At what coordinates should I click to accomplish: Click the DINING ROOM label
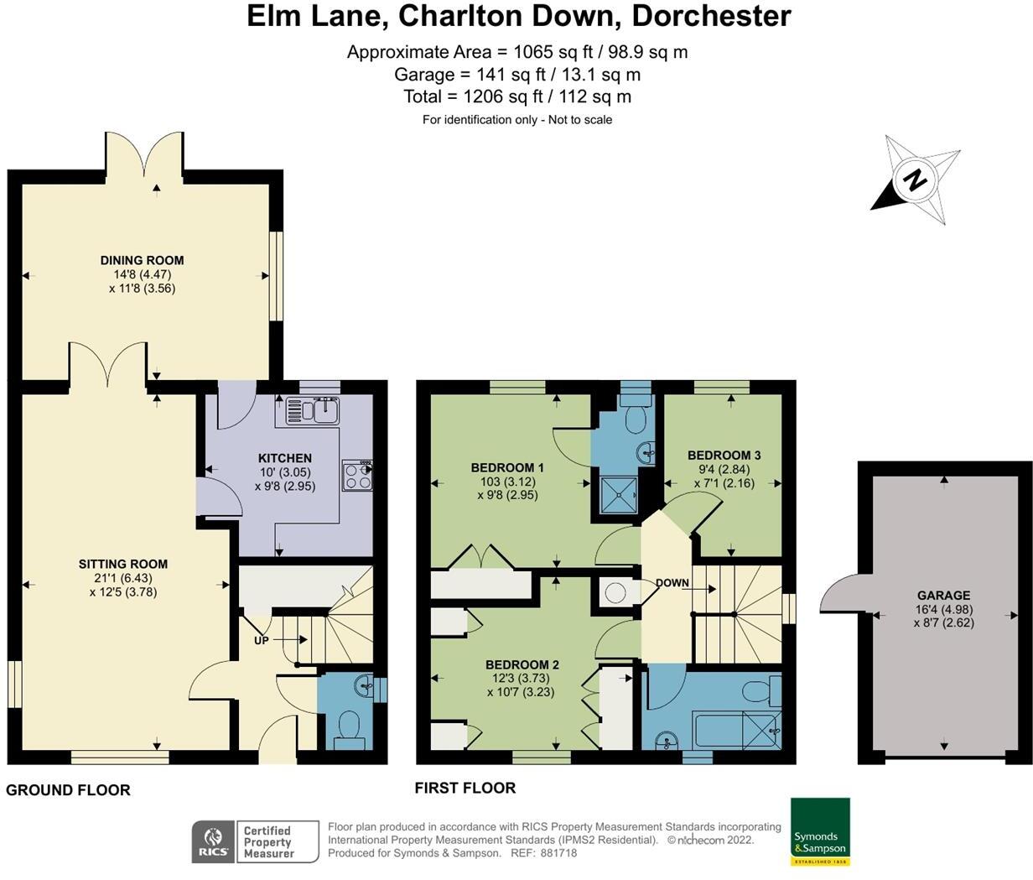tap(142, 260)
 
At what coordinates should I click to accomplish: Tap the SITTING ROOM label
tap(123, 564)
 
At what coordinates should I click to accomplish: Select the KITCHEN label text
tap(285, 458)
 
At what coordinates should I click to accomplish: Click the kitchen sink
tap(313, 412)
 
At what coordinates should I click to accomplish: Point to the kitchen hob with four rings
tap(357, 475)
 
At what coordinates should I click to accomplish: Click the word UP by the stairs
tap(262, 641)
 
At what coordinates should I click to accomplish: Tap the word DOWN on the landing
tap(672, 582)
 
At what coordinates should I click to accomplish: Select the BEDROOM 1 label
tap(507, 467)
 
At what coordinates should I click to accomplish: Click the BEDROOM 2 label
tap(522, 664)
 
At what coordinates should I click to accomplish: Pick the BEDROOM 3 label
tap(724, 455)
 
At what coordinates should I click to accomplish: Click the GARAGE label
tap(943, 595)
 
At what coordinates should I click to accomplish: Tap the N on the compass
tap(915, 180)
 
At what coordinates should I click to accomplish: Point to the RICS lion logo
tap(214, 841)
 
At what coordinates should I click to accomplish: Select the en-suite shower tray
tap(619, 495)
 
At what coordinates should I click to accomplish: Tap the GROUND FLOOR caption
tap(68, 790)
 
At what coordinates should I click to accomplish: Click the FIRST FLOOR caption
tap(465, 788)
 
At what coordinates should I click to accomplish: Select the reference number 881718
tap(558, 853)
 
